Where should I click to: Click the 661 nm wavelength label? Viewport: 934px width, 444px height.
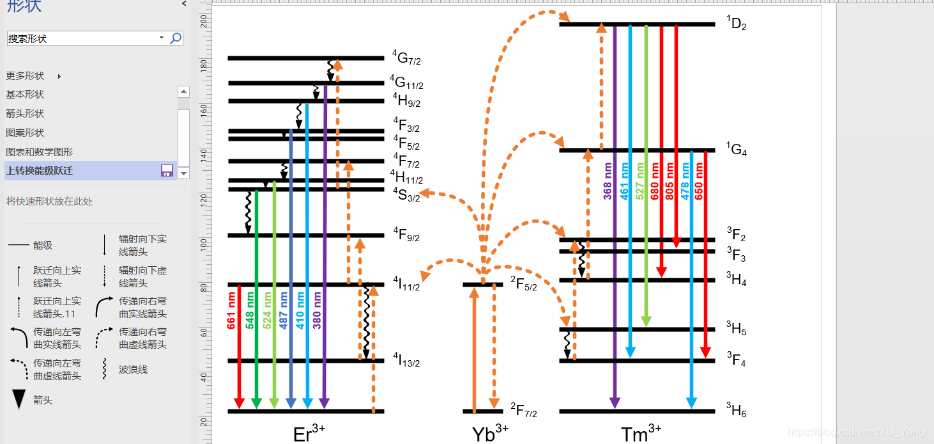pos(232,311)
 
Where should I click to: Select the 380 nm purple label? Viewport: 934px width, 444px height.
pos(317,311)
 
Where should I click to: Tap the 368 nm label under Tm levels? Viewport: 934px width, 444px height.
pos(608,182)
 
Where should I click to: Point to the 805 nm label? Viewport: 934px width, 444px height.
pos(670,182)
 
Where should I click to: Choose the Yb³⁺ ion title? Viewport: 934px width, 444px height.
pos(490,432)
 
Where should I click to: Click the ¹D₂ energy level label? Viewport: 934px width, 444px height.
pos(736,24)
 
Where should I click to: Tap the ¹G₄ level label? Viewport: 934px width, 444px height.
pos(736,150)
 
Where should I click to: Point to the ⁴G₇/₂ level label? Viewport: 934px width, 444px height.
pos(406,59)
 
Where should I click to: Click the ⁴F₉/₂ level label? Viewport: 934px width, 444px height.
pos(406,235)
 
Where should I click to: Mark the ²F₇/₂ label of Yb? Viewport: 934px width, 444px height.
pos(524,411)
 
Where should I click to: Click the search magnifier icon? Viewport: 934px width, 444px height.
pos(176,38)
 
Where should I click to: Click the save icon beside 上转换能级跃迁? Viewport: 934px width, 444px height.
pos(167,170)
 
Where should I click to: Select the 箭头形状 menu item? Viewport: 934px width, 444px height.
pos(25,114)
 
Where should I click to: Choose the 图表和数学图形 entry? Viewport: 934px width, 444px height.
pos(39,152)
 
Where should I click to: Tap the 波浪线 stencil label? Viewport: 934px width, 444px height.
pos(133,370)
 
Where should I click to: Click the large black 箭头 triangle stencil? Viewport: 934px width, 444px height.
pos(20,399)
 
